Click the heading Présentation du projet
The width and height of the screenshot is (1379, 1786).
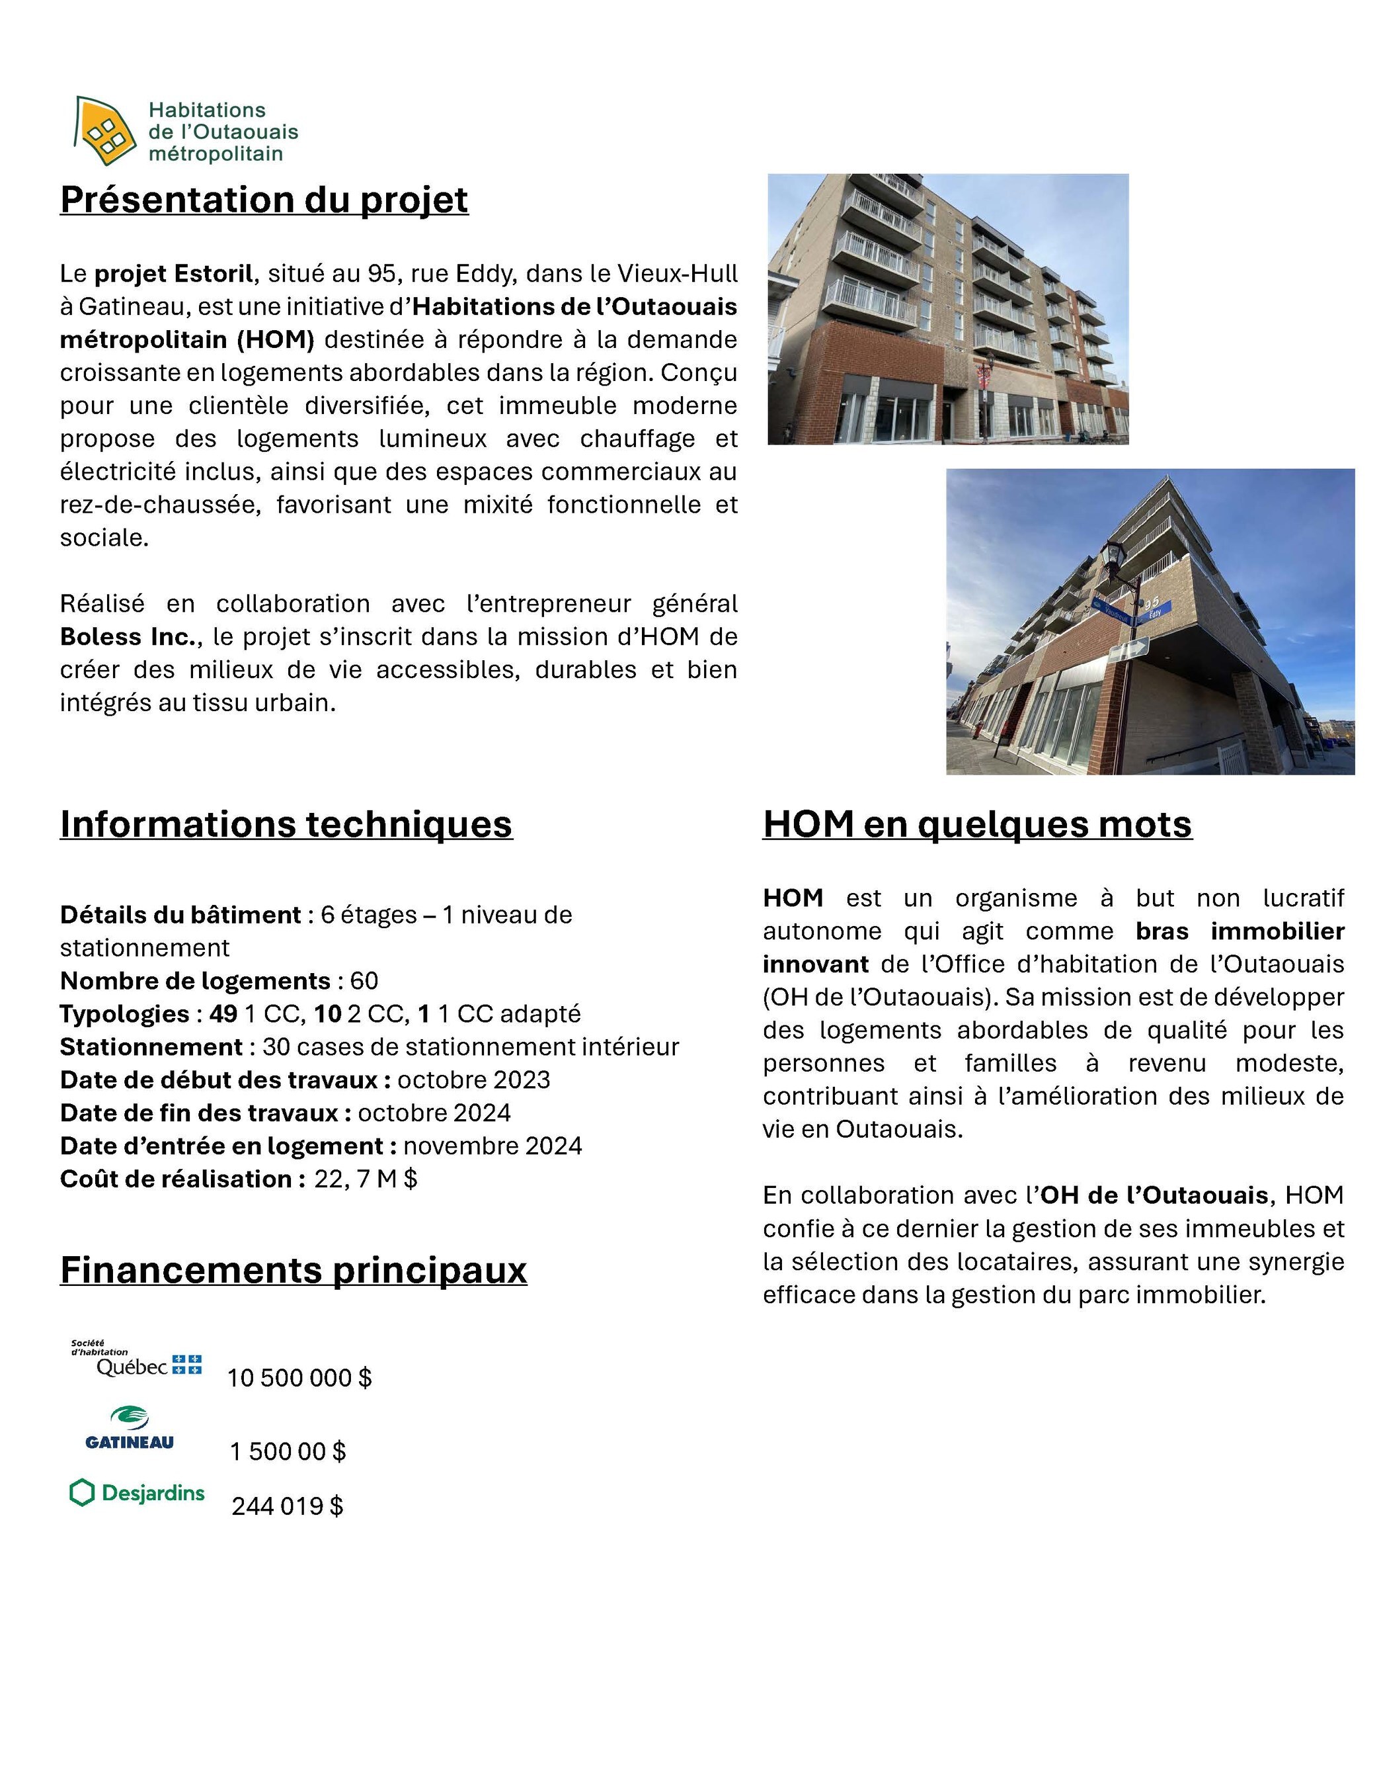(264, 200)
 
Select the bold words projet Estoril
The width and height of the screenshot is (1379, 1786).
(173, 273)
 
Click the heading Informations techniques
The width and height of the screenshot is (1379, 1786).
(286, 824)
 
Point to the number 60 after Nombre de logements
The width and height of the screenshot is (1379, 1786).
(364, 980)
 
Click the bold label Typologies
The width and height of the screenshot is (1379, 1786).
(124, 1014)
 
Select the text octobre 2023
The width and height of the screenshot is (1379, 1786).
(473, 1080)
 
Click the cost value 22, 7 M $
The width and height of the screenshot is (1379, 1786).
(366, 1179)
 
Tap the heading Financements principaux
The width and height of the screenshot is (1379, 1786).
(294, 1270)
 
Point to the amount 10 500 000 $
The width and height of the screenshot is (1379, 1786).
(299, 1378)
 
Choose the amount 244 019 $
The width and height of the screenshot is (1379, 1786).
(287, 1506)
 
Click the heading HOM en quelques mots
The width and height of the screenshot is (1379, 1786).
(977, 824)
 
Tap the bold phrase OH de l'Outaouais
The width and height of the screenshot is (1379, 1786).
(1154, 1195)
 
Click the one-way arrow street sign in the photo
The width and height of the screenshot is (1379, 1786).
(1130, 650)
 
